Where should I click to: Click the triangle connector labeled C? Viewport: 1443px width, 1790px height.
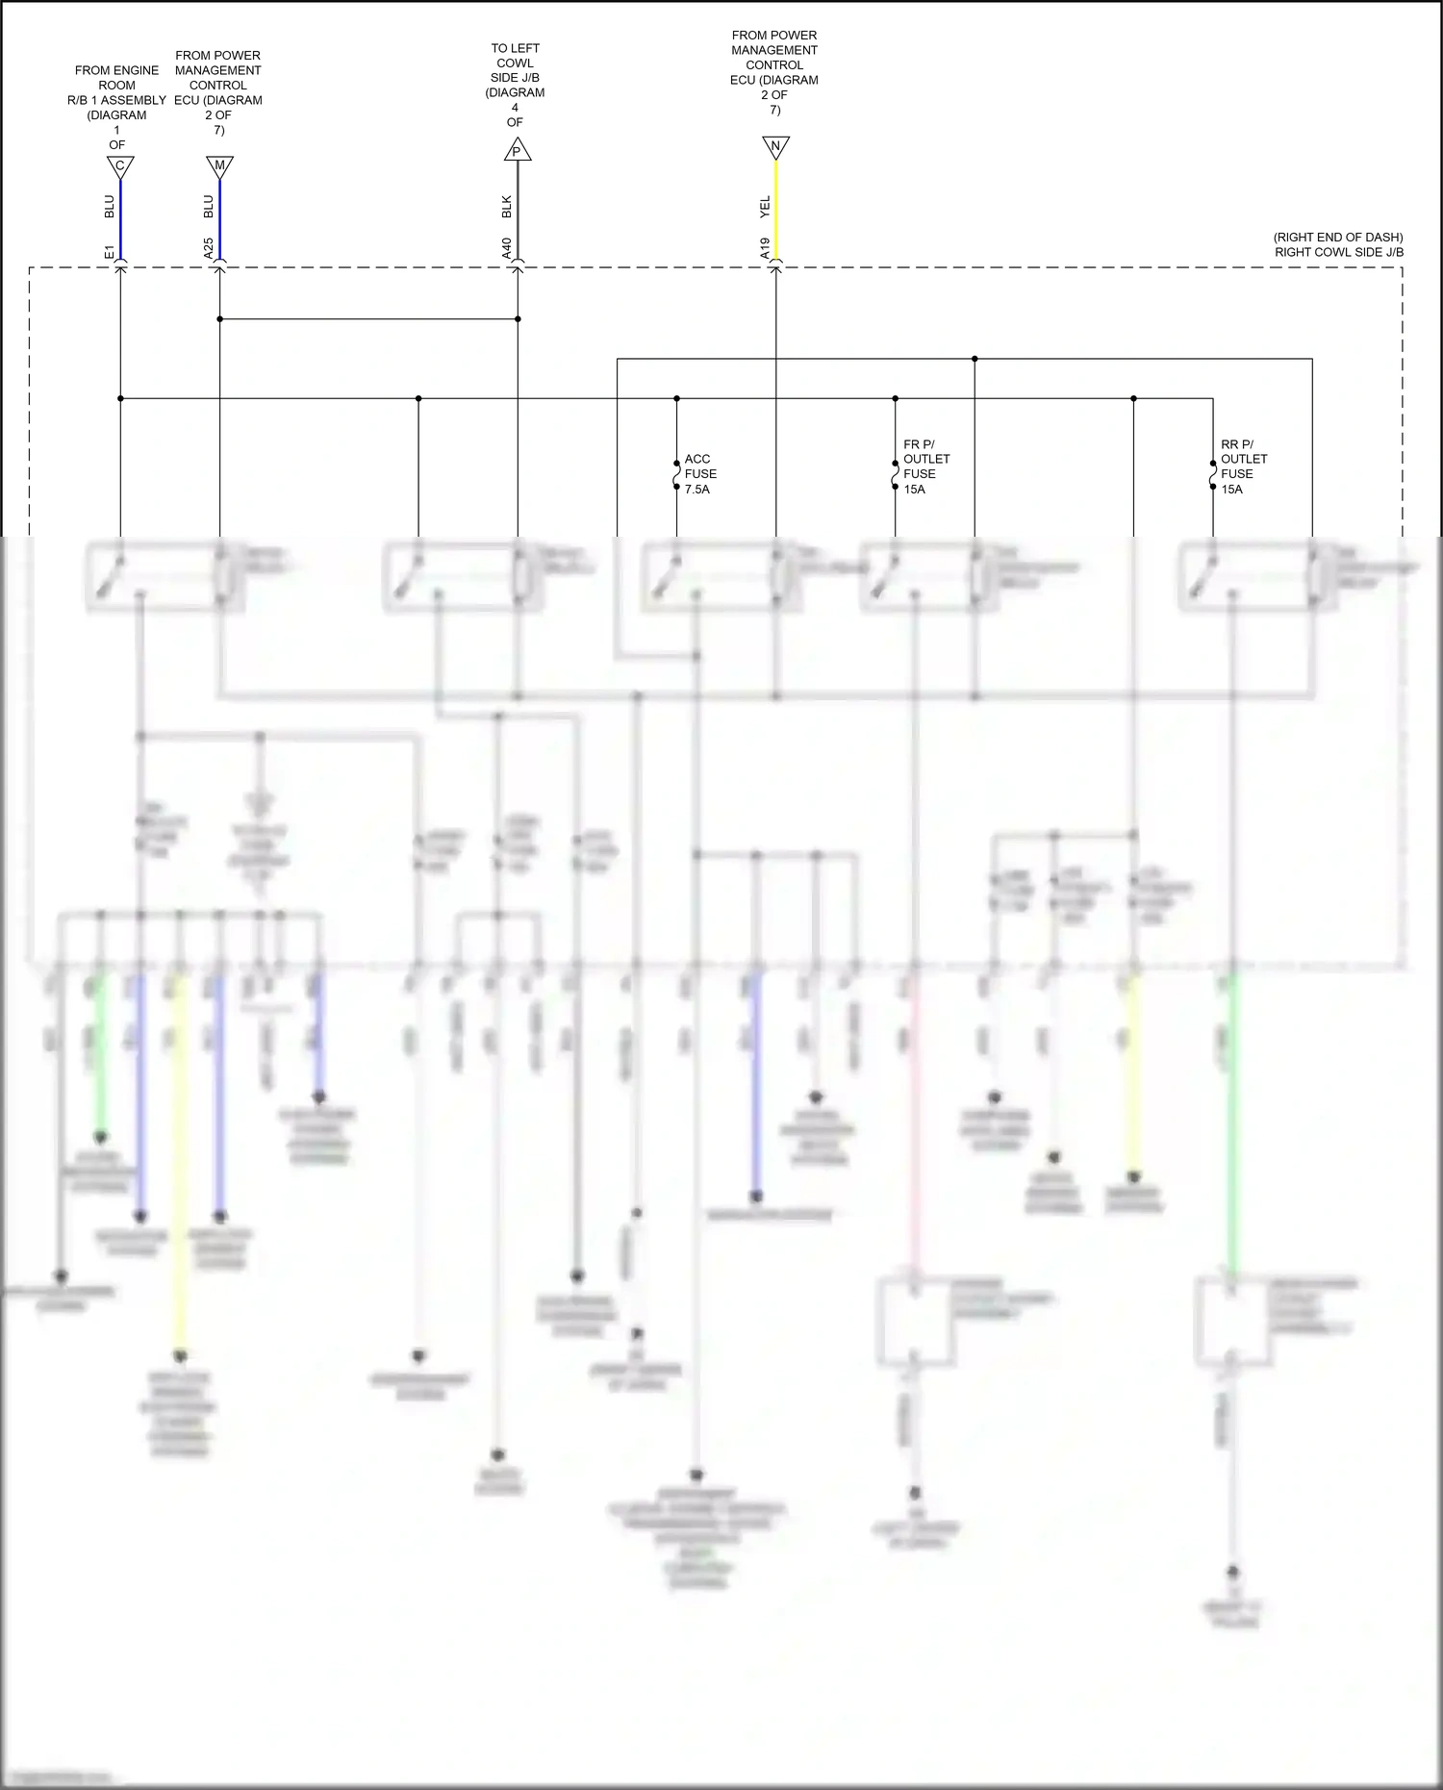coord(120,166)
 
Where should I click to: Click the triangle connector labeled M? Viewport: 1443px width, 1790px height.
coord(219,166)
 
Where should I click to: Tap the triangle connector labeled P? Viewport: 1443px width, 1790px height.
coord(518,150)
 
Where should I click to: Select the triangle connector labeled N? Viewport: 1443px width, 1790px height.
coord(775,147)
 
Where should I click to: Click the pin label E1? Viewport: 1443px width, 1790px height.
coord(110,252)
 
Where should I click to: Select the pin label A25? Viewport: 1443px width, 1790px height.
coord(209,249)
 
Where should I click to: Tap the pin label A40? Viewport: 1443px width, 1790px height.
coord(507,249)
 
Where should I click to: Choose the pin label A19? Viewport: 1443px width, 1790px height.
coord(765,249)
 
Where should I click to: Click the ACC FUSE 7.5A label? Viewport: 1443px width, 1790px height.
coord(700,474)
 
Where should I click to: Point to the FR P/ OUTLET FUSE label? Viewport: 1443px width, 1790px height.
coord(925,466)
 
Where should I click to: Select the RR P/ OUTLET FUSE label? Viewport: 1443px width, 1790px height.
coord(1243,466)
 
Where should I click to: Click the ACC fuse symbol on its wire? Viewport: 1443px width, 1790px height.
coord(676,474)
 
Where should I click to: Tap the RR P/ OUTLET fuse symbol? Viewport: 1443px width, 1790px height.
coord(1213,474)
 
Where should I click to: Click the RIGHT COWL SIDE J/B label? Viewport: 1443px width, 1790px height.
coord(1338,252)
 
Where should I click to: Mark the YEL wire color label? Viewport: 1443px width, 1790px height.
coord(765,205)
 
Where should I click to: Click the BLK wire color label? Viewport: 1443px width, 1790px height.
coord(507,206)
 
